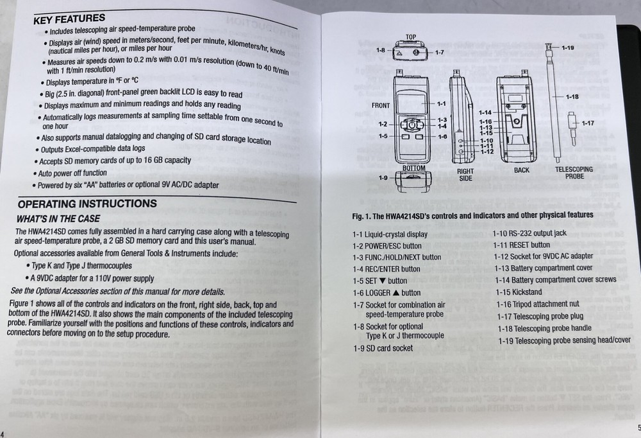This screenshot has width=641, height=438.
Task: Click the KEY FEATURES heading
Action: coord(70,20)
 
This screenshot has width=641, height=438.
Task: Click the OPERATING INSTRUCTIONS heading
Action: coord(96,204)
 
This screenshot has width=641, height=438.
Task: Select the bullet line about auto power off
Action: coord(72,173)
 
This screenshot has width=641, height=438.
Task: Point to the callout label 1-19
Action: coord(567,48)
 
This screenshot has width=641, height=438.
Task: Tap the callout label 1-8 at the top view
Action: coord(380,50)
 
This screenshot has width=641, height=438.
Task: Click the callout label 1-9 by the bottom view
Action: coord(383,177)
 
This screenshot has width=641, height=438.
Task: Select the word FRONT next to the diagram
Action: coord(380,105)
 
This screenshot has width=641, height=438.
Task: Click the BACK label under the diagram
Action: coord(522,170)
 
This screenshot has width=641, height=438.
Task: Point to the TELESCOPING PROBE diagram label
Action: coord(574,172)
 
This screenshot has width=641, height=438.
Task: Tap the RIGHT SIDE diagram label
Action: coord(465,175)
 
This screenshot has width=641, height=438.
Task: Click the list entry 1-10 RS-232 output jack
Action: coord(529,233)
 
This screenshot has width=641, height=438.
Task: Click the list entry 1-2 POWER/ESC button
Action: coord(387,245)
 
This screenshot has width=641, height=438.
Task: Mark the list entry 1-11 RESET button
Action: coord(522,245)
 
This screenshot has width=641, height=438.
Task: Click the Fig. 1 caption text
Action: coord(472,215)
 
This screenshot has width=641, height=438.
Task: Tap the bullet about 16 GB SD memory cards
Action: coord(115,161)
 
